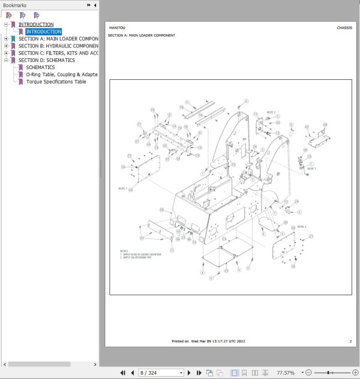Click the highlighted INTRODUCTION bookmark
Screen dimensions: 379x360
pyautogui.click(x=44, y=32)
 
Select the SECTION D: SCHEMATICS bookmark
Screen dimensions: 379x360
pyautogui.click(x=47, y=60)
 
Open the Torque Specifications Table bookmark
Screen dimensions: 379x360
pyautogui.click(x=56, y=82)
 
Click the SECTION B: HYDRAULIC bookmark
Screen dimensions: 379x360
pyautogui.click(x=58, y=46)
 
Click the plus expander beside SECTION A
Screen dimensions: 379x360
pyautogui.click(x=6, y=39)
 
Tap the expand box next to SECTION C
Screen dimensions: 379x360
pyautogui.click(x=6, y=53)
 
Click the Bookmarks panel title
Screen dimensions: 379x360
pyautogui.click(x=15, y=5)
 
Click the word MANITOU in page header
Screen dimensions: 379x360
pyautogui.click(x=117, y=28)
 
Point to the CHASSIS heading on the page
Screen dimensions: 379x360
pyautogui.click(x=344, y=28)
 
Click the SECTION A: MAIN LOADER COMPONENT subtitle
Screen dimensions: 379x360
pyautogui.click(x=142, y=35)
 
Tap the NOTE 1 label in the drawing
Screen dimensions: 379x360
pyautogui.click(x=311, y=169)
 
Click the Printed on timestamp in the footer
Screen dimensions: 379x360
pyautogui.click(x=208, y=341)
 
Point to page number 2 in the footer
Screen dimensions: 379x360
pyautogui.click(x=350, y=341)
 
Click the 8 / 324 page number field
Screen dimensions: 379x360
pyautogui.click(x=158, y=373)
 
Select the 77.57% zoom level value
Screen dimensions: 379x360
pyautogui.click(x=286, y=373)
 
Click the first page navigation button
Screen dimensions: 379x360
pyautogui.click(x=123, y=373)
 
